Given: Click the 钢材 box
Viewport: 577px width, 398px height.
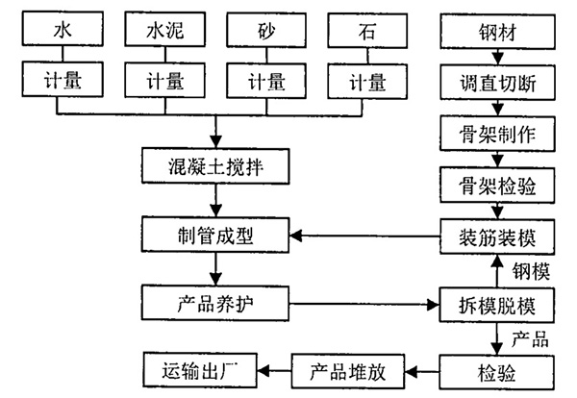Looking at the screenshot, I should [x=497, y=31].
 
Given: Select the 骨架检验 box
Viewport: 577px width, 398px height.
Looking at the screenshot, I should [x=497, y=183].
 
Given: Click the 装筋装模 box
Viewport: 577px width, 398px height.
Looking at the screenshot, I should [x=497, y=235].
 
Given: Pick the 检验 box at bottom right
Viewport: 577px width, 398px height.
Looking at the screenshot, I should [x=497, y=367].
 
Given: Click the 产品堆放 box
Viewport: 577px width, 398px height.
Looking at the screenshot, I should [x=348, y=367].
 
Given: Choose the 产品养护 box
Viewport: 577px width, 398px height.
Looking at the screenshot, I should [x=214, y=304].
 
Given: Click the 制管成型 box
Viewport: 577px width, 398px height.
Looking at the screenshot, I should [x=214, y=235].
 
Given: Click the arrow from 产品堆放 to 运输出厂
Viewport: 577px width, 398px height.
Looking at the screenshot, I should [x=278, y=367].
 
